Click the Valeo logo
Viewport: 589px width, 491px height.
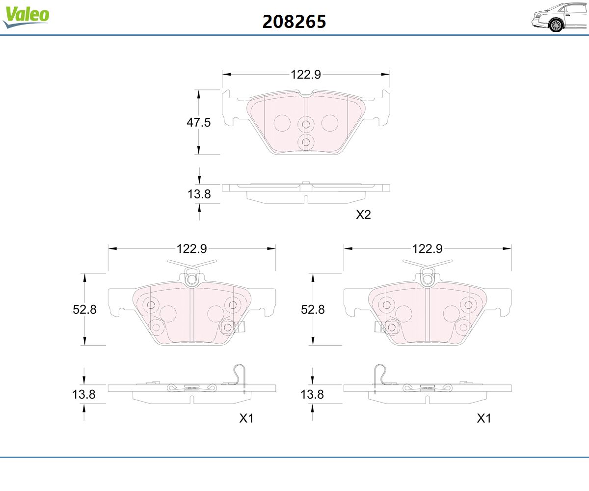point(26,16)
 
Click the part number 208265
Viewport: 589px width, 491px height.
point(294,22)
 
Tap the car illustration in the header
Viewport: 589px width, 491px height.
point(560,18)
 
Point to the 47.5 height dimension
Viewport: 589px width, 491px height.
point(199,122)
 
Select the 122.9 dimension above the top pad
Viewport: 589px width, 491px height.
point(306,75)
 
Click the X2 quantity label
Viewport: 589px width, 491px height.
point(363,215)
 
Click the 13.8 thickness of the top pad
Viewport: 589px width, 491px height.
point(199,194)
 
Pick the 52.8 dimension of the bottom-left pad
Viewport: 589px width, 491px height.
point(84,309)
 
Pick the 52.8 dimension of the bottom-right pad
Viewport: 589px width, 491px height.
point(313,309)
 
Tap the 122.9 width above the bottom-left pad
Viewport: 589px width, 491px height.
point(192,248)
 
